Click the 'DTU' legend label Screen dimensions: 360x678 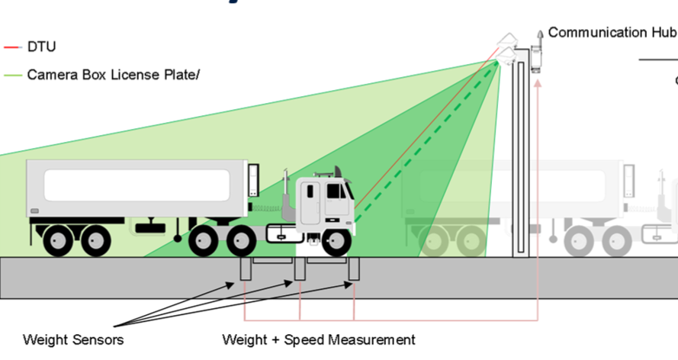41,47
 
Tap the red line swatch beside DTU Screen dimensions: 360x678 12,47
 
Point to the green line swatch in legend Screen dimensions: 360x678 12,75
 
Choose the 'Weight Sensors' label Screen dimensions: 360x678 73,339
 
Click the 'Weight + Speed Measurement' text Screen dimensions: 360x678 319,339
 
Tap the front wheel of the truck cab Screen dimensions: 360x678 336,242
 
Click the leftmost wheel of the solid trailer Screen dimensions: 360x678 58,241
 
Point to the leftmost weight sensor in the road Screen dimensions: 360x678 245,269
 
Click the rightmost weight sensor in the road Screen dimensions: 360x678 354,269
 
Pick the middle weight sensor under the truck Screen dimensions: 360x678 300,269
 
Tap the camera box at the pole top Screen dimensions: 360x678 507,47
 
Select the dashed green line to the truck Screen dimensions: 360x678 427,141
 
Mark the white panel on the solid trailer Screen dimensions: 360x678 137,185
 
